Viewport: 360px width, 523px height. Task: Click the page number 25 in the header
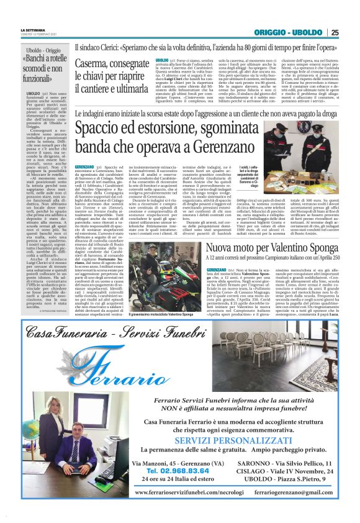(334, 32)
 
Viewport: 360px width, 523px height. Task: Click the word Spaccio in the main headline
(103, 129)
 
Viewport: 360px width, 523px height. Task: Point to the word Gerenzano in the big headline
(246, 147)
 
